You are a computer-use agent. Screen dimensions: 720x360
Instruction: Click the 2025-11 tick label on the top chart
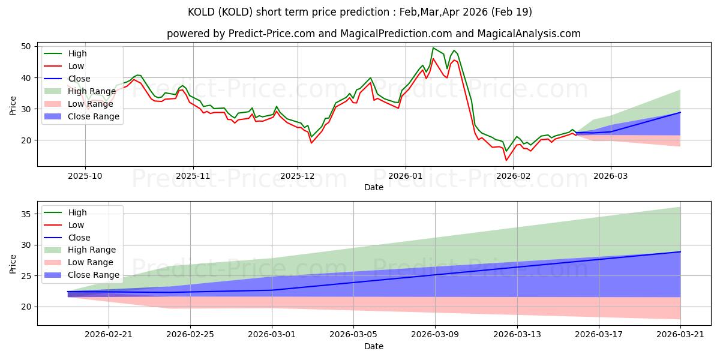193,176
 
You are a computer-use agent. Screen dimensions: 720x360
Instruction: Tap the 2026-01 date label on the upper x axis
406,176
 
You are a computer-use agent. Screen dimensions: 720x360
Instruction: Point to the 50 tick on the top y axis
26,47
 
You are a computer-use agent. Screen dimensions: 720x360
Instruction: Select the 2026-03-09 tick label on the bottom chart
435,335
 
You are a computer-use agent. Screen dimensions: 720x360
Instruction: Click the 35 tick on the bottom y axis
26,214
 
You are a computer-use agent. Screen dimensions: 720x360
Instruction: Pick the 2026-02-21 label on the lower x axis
109,335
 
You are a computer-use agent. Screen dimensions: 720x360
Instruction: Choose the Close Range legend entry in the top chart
82,116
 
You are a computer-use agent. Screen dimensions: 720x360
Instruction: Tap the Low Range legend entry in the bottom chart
79,262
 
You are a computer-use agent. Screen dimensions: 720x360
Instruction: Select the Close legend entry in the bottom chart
67,238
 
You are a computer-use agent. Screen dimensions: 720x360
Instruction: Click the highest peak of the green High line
433,48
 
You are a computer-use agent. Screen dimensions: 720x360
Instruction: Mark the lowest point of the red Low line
506,160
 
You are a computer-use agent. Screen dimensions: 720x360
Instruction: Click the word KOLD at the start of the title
201,12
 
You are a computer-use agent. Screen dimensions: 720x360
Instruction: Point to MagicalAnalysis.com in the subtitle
529,34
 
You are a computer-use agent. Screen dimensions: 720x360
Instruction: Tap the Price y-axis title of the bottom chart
13,264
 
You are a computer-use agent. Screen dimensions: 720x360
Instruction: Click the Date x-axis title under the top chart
373,187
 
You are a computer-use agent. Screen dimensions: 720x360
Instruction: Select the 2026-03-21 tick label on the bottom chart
680,335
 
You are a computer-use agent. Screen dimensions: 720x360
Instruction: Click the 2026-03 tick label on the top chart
610,176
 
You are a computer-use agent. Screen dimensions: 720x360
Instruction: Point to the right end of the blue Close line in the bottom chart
680,251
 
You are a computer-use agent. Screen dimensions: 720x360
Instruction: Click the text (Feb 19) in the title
512,12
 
